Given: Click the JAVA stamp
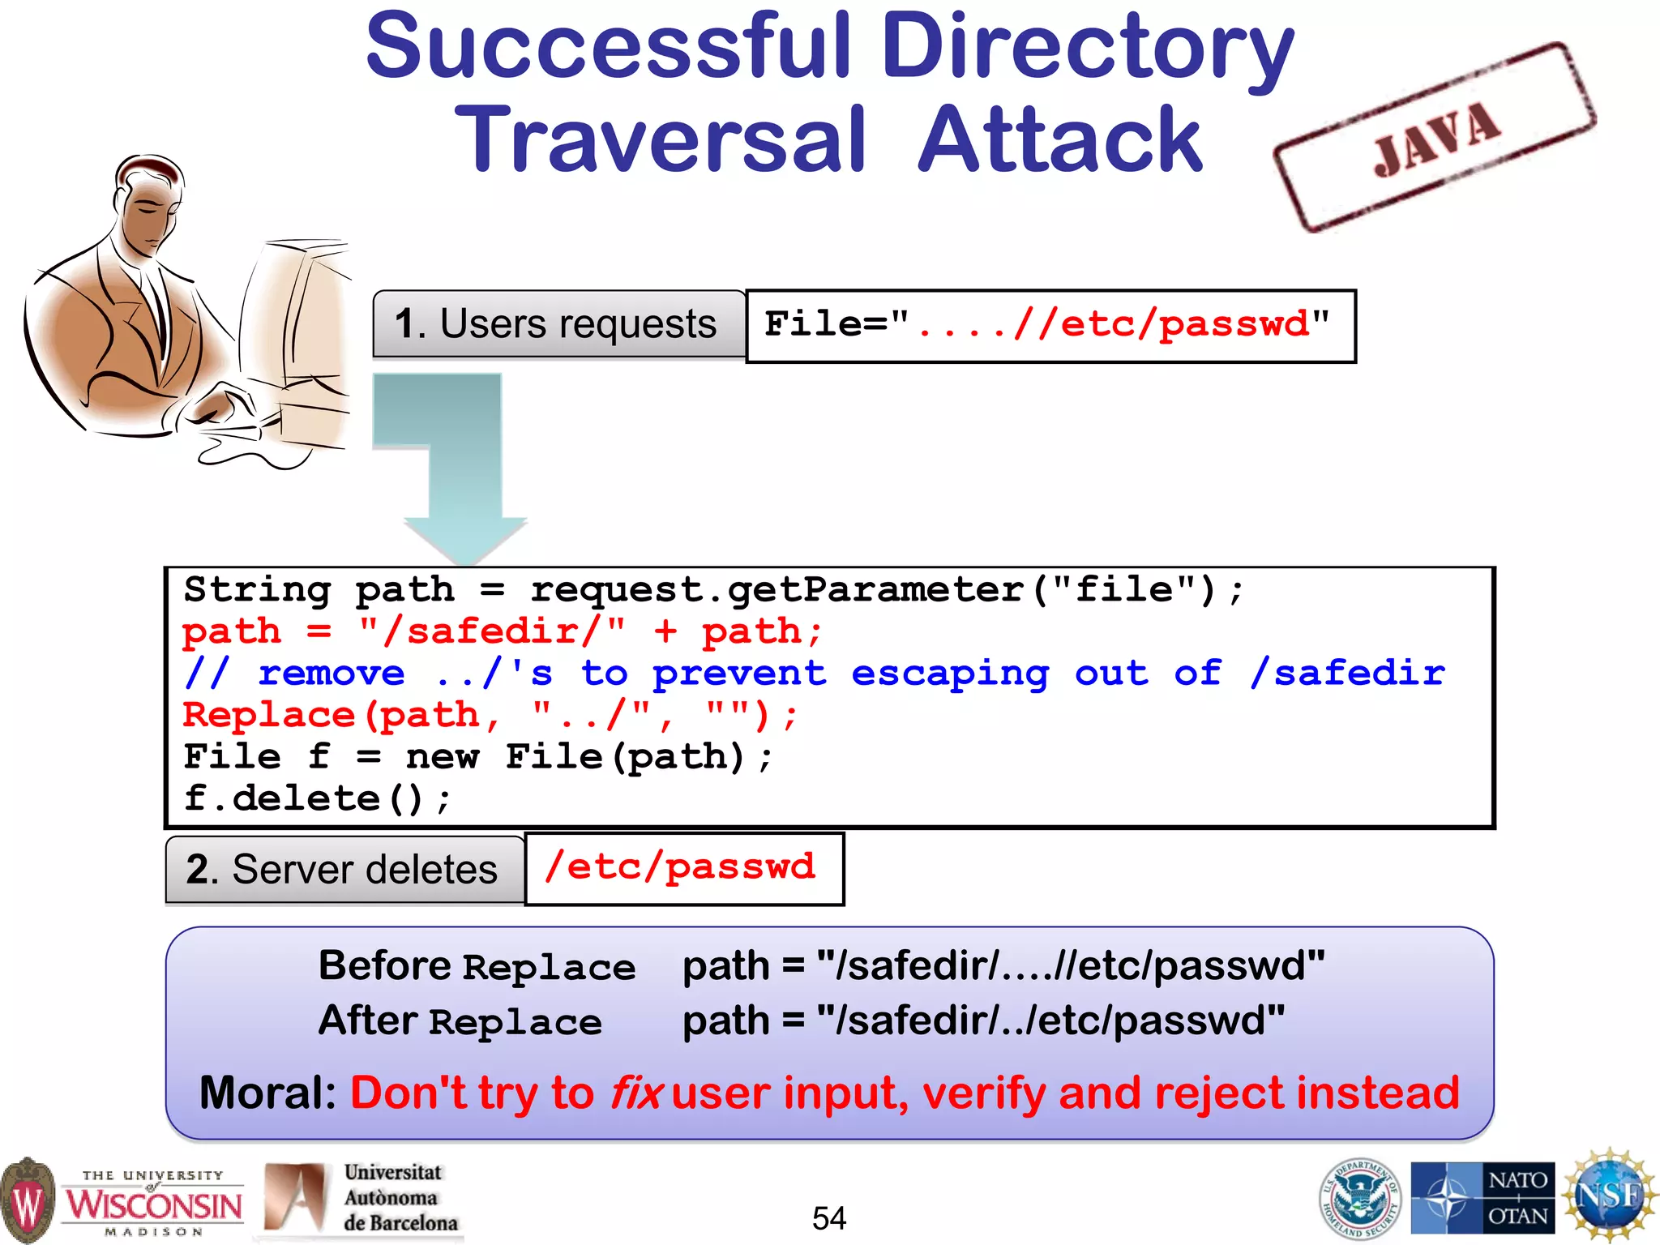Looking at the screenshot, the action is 1435,138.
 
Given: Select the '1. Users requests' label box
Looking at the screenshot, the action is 558,324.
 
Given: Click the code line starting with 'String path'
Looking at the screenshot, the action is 713,590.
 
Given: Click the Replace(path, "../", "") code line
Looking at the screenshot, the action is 490,716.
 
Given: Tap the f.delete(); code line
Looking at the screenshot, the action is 316,799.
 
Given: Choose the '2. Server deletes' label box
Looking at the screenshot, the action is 344,870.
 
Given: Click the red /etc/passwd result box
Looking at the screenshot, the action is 682,868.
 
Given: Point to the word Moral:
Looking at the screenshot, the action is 267,1093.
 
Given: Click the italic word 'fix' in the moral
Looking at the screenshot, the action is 635,1093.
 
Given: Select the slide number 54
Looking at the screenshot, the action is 828,1218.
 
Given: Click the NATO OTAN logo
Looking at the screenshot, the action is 1482,1198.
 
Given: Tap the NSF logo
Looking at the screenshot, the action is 1610,1196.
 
